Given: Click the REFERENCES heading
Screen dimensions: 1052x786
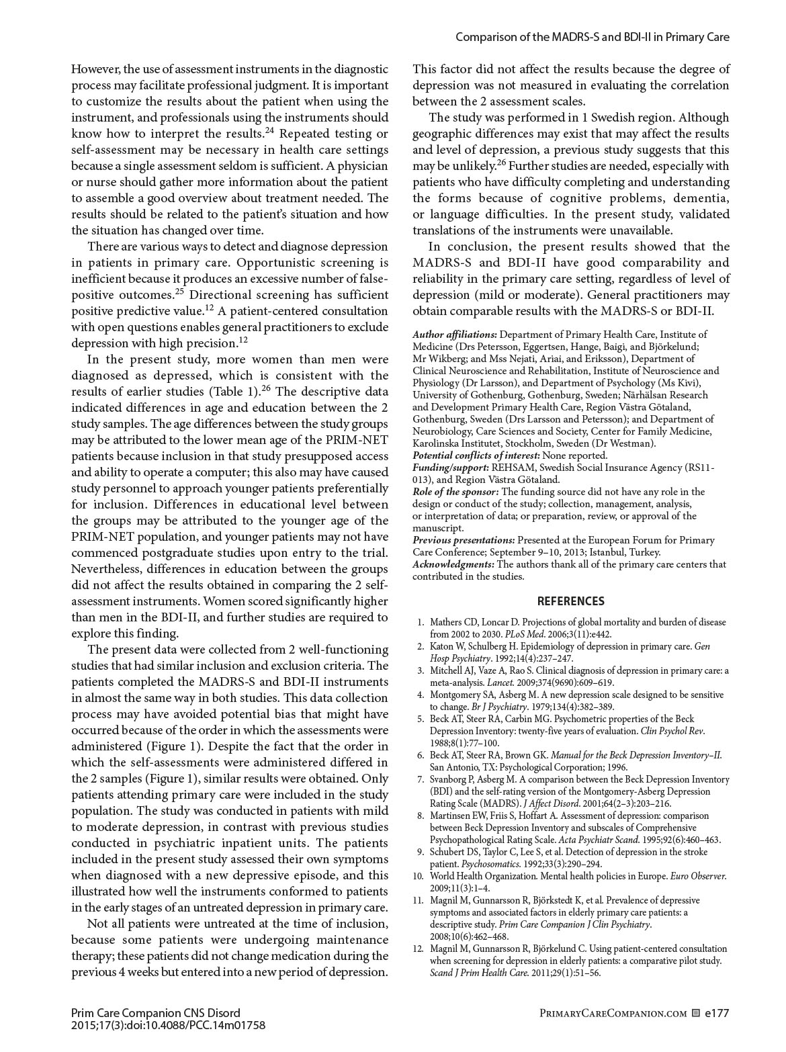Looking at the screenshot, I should click(x=570, y=601).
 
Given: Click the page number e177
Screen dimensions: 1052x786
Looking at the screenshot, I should click(x=717, y=1013).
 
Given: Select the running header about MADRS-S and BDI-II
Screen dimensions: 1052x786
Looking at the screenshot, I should click(x=592, y=37).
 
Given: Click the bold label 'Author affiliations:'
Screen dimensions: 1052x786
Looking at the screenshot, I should click(x=455, y=335).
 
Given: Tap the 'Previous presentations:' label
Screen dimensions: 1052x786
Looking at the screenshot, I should click(x=464, y=540).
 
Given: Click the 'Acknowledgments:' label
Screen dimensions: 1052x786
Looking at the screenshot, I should click(x=453, y=564).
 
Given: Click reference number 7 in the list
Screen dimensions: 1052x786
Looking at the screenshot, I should click(x=421, y=779).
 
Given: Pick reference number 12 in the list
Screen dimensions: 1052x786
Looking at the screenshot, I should click(x=419, y=949).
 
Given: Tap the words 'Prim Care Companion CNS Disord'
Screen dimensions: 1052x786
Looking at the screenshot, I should click(x=155, y=1013).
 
